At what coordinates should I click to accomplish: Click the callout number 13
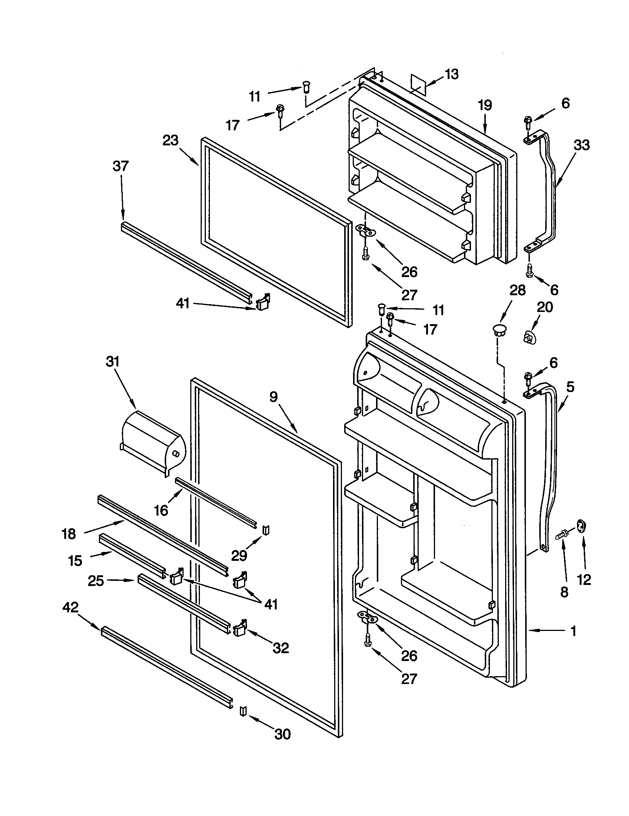coord(451,74)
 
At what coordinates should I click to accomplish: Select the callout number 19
coord(485,106)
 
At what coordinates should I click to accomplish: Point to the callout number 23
coord(170,141)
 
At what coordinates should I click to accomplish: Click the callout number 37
coord(120,166)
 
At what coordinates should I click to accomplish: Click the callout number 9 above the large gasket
coord(273,397)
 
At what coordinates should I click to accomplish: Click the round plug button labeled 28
coord(499,329)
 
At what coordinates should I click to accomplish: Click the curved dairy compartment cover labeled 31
coord(153,443)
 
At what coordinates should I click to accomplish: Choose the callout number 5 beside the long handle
coord(570,387)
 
